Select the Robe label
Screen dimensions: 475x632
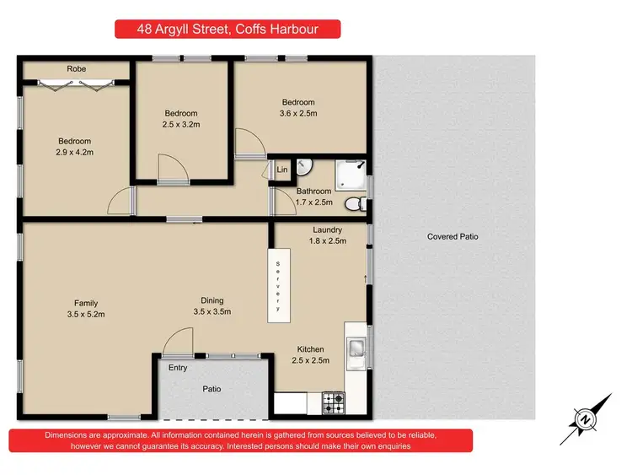pos(77,68)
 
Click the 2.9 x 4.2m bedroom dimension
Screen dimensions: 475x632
pos(74,153)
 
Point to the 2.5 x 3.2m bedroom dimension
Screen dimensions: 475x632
pos(181,126)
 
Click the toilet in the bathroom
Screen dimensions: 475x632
pos(362,202)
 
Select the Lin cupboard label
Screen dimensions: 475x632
pos(281,170)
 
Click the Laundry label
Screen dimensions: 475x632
pos(326,229)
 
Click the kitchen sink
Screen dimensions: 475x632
pos(357,348)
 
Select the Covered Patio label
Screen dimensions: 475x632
pos(453,237)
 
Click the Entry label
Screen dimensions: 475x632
pos(178,368)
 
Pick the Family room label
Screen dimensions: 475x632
pos(86,303)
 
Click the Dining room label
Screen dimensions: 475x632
pos(212,300)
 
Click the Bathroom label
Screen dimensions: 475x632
pos(313,192)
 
